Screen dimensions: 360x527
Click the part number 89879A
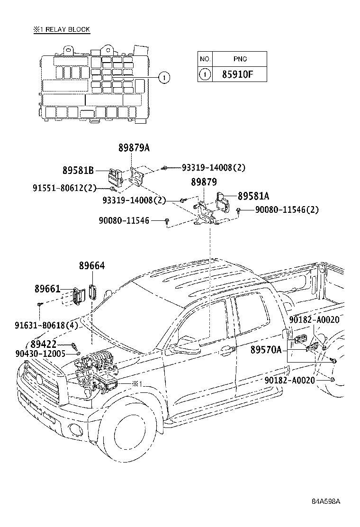134,147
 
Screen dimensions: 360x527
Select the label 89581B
78,171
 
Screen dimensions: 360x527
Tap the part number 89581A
253,196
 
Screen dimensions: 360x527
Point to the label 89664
92,265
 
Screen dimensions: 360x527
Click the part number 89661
47,288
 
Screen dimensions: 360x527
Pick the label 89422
43,345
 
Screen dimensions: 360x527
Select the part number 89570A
266,350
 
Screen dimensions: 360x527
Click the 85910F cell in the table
237,74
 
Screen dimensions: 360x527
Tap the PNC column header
240,59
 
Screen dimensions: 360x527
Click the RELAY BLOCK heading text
67,29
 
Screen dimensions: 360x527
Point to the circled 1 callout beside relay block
164,78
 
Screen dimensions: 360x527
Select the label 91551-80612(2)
64,188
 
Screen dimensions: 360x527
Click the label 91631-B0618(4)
46,325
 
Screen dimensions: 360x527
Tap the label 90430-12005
40,354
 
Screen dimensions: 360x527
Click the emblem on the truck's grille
39,380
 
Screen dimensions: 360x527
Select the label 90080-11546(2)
287,210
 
